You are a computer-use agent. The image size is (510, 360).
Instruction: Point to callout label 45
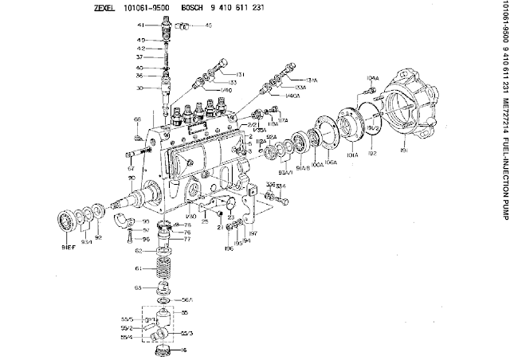click(208, 25)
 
